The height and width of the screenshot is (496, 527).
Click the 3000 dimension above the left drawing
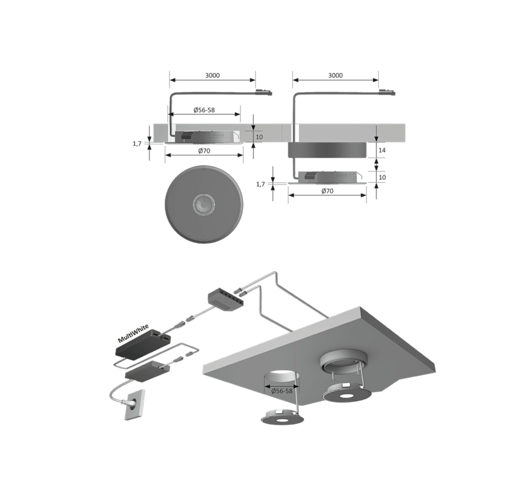click(x=213, y=75)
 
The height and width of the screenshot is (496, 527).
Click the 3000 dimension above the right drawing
click(x=335, y=75)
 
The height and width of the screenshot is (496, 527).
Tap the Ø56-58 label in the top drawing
click(x=204, y=110)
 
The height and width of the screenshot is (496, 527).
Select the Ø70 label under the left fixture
click(x=204, y=151)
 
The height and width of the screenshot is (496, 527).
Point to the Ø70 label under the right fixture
click(x=327, y=191)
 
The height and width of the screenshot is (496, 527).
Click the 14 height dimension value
click(x=382, y=150)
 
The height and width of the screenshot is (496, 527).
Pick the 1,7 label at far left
click(x=137, y=144)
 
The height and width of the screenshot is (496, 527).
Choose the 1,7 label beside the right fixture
click(x=260, y=184)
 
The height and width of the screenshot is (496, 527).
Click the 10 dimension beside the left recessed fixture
click(x=259, y=137)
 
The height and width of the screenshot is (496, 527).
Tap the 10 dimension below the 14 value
click(x=382, y=177)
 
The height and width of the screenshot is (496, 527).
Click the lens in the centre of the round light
click(x=204, y=204)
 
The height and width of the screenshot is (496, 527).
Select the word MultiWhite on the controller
click(x=133, y=334)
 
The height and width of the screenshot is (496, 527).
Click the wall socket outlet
click(x=135, y=405)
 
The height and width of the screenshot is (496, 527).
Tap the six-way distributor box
click(x=225, y=298)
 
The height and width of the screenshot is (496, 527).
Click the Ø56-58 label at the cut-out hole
click(x=281, y=391)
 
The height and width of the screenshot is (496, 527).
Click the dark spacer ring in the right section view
click(x=327, y=150)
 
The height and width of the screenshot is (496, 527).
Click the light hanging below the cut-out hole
click(x=282, y=417)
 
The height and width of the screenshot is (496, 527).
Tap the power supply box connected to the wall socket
click(x=147, y=370)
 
